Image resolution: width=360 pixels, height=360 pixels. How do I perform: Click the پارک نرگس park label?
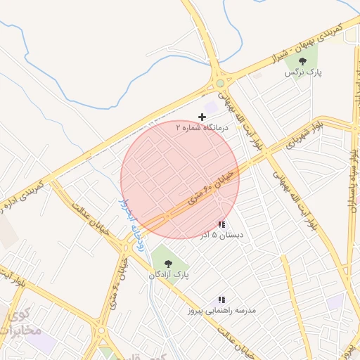click(x=303, y=72)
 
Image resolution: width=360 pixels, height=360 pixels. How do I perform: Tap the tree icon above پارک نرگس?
click(x=303, y=61)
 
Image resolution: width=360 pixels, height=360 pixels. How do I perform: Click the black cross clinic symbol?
click(x=202, y=117)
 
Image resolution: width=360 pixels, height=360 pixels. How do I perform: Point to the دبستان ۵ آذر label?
click(x=221, y=236)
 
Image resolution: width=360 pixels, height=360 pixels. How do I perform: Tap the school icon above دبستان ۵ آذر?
click(x=221, y=225)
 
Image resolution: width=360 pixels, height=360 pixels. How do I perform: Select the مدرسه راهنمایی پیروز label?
click(x=221, y=310)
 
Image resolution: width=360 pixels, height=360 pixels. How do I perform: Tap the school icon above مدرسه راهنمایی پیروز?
click(x=221, y=300)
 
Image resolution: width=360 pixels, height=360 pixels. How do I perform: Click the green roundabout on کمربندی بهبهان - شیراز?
click(x=220, y=83)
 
